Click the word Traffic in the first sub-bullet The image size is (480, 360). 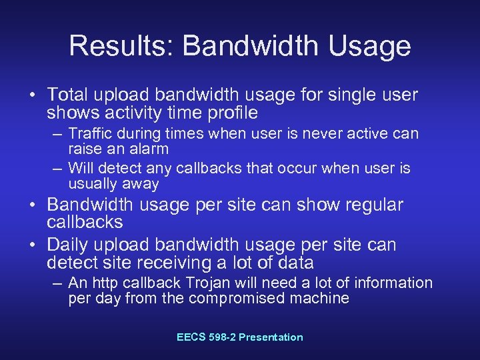coord(91,134)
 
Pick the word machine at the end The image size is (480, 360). coord(323,298)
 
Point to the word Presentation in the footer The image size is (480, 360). coord(271,337)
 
